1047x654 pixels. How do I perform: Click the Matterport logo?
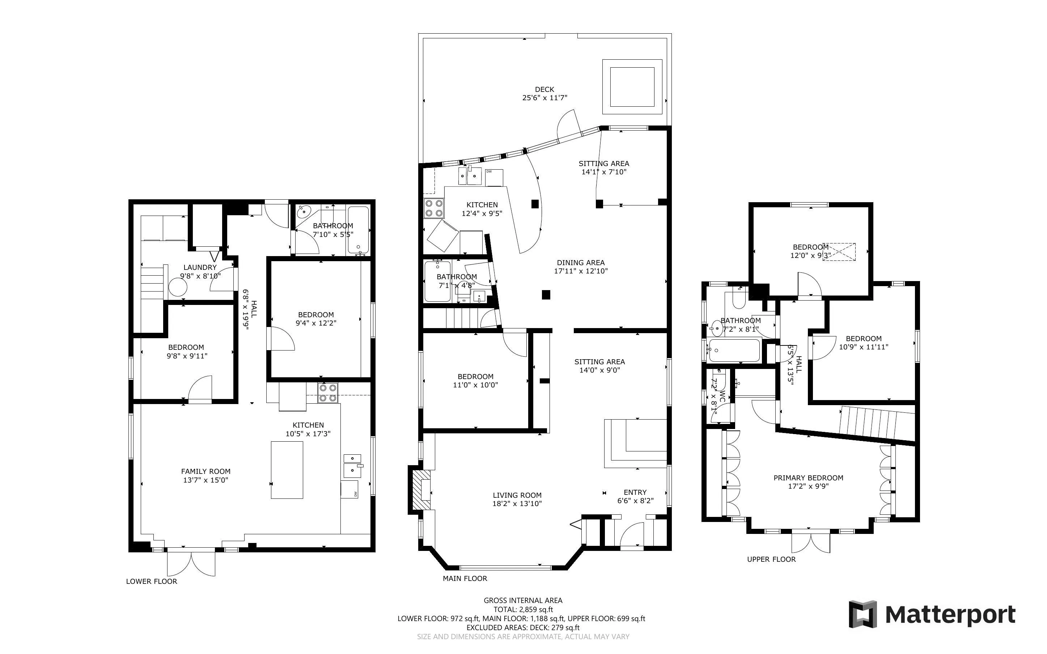click(x=932, y=614)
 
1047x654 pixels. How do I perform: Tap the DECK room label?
click(x=544, y=90)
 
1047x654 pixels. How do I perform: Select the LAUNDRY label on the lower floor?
click(x=200, y=267)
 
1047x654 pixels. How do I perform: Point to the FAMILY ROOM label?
click(x=205, y=471)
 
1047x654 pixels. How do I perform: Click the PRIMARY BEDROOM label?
click(x=808, y=478)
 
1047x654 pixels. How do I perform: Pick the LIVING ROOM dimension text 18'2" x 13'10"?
click(x=517, y=504)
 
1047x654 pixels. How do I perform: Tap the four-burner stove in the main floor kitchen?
click(x=435, y=208)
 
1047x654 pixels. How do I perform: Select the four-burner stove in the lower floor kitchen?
click(x=328, y=393)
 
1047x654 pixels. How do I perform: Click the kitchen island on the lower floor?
click(x=287, y=470)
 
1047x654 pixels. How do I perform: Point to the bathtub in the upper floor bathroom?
click(x=734, y=351)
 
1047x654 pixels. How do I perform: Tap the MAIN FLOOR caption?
click(x=465, y=578)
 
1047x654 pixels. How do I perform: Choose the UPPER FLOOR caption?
click(x=771, y=559)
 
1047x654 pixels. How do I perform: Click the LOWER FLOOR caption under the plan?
click(x=151, y=581)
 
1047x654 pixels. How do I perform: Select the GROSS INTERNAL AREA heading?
click(x=523, y=600)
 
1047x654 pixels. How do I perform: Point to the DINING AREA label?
click(x=581, y=263)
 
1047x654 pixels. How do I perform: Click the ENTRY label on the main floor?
click(x=635, y=492)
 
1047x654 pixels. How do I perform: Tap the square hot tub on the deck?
click(x=632, y=87)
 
